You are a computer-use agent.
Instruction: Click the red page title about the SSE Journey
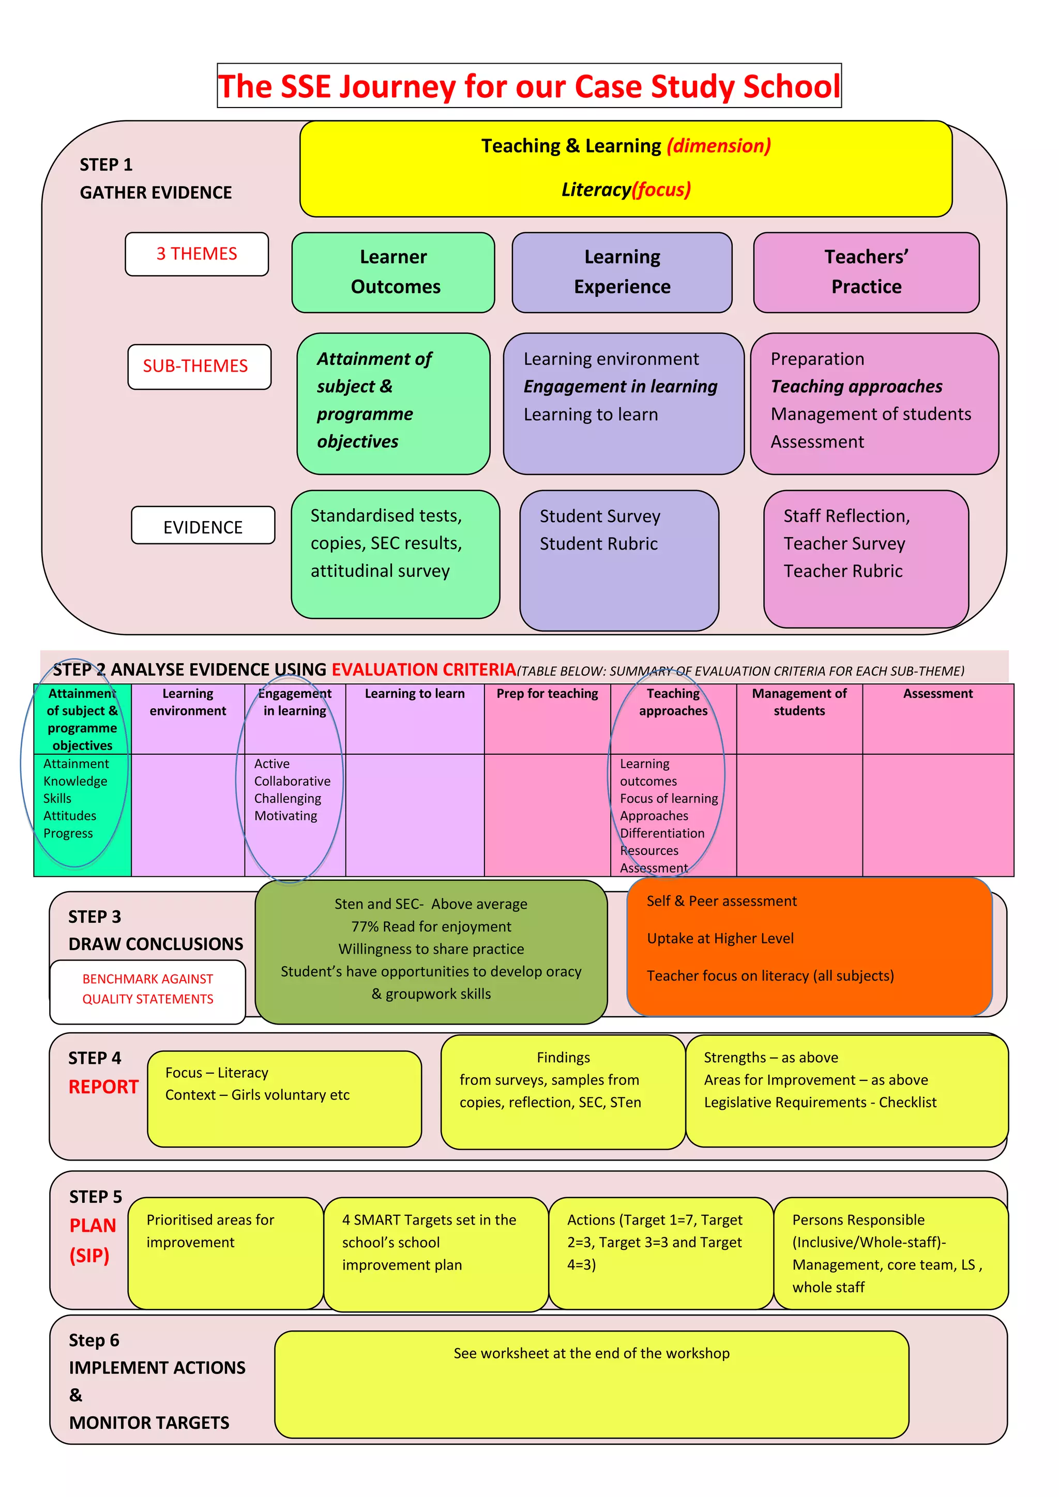[529, 86]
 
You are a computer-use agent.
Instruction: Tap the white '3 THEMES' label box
[196, 254]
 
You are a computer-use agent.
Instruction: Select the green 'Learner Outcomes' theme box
[393, 272]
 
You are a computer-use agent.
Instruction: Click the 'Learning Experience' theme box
[622, 272]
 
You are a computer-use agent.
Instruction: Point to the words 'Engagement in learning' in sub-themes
[620, 387]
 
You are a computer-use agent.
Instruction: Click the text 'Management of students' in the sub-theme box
[871, 414]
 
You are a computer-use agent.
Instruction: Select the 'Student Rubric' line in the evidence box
[598, 544]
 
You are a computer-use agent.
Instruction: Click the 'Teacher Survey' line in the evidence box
[844, 544]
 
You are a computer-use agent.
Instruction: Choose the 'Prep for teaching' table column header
[547, 694]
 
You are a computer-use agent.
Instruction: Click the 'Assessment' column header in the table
[937, 694]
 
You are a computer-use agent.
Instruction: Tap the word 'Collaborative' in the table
[292, 781]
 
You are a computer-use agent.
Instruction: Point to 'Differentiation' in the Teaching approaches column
[662, 833]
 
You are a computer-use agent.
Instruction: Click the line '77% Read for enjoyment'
[431, 926]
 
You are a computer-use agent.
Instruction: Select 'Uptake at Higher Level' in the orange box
[720, 938]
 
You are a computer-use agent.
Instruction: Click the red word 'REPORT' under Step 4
[104, 1087]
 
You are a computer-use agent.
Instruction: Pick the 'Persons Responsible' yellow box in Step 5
[890, 1252]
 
